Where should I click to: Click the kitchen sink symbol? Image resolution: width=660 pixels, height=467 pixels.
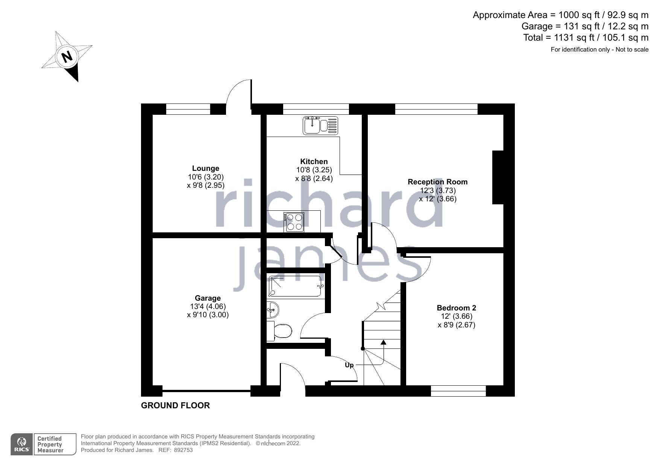click(320, 125)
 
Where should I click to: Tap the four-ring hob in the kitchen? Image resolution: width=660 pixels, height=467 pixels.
click(294, 222)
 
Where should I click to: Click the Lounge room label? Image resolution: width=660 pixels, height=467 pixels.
click(205, 168)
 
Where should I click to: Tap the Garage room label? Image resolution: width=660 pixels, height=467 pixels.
click(208, 298)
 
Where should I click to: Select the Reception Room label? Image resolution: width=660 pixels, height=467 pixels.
click(437, 182)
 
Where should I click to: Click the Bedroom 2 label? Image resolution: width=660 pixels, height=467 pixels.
click(456, 308)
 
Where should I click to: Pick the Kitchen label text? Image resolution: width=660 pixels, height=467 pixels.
click(314, 161)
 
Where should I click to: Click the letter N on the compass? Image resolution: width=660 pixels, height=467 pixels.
click(67, 57)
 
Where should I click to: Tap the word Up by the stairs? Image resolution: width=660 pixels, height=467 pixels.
click(349, 365)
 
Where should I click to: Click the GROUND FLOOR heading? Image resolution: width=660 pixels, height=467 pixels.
click(175, 405)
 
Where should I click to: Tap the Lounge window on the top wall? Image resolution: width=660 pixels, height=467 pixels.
click(188, 109)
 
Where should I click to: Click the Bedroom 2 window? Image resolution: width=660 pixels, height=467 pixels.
click(458, 391)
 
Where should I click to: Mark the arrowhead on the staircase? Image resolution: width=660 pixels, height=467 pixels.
click(383, 342)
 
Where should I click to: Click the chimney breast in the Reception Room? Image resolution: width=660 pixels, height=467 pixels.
click(498, 177)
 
